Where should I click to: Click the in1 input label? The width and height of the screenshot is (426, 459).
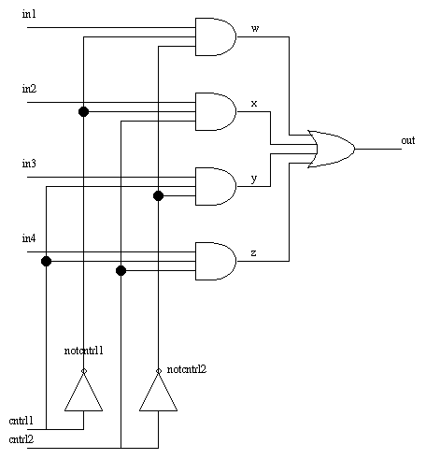(x=29, y=14)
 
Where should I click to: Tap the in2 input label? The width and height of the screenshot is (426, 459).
(x=29, y=89)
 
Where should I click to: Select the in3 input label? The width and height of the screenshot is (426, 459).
(x=29, y=164)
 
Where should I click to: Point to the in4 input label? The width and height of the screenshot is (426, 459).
(x=29, y=238)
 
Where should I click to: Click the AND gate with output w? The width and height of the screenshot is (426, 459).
(x=216, y=36)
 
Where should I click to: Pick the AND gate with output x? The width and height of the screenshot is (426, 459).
(x=216, y=111)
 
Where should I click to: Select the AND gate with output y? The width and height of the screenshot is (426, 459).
(x=216, y=186)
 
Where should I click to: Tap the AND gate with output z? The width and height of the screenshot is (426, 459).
(x=216, y=261)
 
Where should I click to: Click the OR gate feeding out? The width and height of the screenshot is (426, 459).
(x=332, y=149)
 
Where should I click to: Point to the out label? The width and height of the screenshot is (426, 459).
(x=408, y=140)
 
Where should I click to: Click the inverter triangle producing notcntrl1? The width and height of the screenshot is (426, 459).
(x=83, y=392)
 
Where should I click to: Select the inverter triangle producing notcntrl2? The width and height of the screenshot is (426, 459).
(x=158, y=392)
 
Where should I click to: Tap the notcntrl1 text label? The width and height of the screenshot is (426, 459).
(x=84, y=351)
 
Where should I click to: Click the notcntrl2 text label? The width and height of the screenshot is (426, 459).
(x=187, y=369)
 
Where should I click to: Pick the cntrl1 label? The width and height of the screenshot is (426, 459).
(x=21, y=421)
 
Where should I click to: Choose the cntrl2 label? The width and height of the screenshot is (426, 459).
(x=21, y=439)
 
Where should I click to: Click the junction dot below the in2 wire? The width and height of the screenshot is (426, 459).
(x=83, y=111)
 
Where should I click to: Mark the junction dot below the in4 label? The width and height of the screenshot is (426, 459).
(x=46, y=261)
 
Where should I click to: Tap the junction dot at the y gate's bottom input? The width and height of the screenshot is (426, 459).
(x=158, y=195)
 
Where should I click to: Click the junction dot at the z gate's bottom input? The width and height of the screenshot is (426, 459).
(x=121, y=270)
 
